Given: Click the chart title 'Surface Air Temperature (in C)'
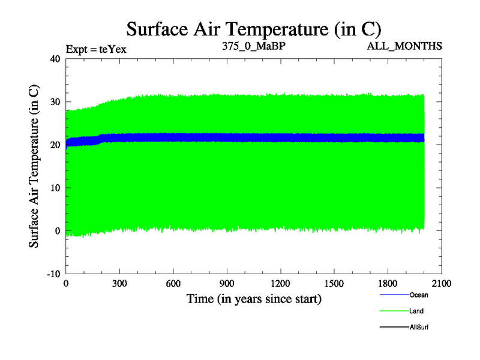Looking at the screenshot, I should pos(253,28).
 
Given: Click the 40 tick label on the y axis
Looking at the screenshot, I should pos(55,59).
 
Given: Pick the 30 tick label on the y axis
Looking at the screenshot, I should pos(55,102).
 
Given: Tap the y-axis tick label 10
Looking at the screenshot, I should pos(55,188).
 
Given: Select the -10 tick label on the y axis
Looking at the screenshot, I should pos(53,274).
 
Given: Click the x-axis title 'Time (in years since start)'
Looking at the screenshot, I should pos(254,298).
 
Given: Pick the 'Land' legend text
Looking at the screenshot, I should pos(417,311).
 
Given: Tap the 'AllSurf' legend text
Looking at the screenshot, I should pos(419,327).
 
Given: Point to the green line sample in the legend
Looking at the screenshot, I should pos(394,311).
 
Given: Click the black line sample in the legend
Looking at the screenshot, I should pos(394,327).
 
